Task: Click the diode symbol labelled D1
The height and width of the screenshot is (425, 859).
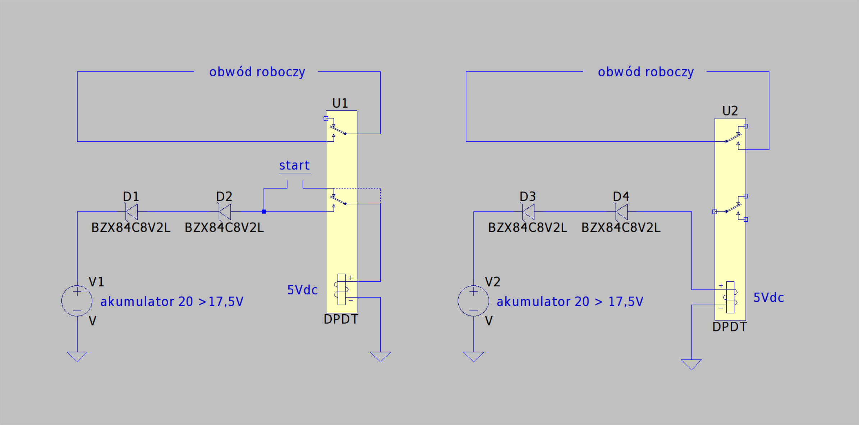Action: [x=131, y=212]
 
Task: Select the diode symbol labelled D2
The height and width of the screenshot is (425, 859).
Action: [x=225, y=212]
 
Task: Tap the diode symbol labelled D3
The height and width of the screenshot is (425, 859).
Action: [x=528, y=212]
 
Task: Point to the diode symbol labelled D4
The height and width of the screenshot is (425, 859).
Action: [x=621, y=212]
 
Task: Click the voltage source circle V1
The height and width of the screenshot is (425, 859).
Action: [x=77, y=301]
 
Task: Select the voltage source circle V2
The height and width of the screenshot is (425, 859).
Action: [x=473, y=301]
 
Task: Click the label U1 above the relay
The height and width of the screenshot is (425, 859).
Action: [x=340, y=103]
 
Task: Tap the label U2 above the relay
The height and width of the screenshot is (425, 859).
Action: [x=730, y=111]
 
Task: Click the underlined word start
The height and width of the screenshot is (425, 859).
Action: [x=295, y=166]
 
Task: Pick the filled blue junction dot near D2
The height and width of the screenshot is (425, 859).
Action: [x=264, y=212]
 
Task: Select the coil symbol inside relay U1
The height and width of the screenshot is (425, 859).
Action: [x=342, y=289]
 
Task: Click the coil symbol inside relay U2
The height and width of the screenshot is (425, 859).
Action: [x=730, y=297]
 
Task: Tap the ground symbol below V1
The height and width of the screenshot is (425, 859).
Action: [x=77, y=357]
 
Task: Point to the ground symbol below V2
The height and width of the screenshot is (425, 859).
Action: [x=473, y=357]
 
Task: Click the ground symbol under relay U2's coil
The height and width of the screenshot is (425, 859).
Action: [x=691, y=365]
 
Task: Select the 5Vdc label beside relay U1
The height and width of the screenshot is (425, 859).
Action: [x=302, y=290]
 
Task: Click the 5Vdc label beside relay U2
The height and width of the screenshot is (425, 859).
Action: [x=768, y=298]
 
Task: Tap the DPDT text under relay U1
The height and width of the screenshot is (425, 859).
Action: [x=341, y=319]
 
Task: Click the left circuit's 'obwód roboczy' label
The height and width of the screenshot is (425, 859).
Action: [x=257, y=72]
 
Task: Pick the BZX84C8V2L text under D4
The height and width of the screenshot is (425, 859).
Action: [x=621, y=228]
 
